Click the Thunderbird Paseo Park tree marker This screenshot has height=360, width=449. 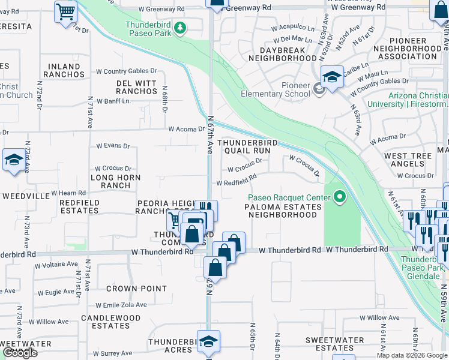coord(179,28)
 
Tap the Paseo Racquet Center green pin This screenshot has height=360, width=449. coord(340,197)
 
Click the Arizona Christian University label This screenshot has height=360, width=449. coord(417,100)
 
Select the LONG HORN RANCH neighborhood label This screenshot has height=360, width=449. coord(115,181)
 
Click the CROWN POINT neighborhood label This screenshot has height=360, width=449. coord(136,289)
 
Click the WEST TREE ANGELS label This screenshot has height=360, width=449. coord(408,160)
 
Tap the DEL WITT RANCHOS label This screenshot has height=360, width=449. coord(136,86)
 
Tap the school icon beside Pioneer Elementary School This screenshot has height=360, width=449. coord(331,77)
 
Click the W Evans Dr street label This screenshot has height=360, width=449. coord(113,146)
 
